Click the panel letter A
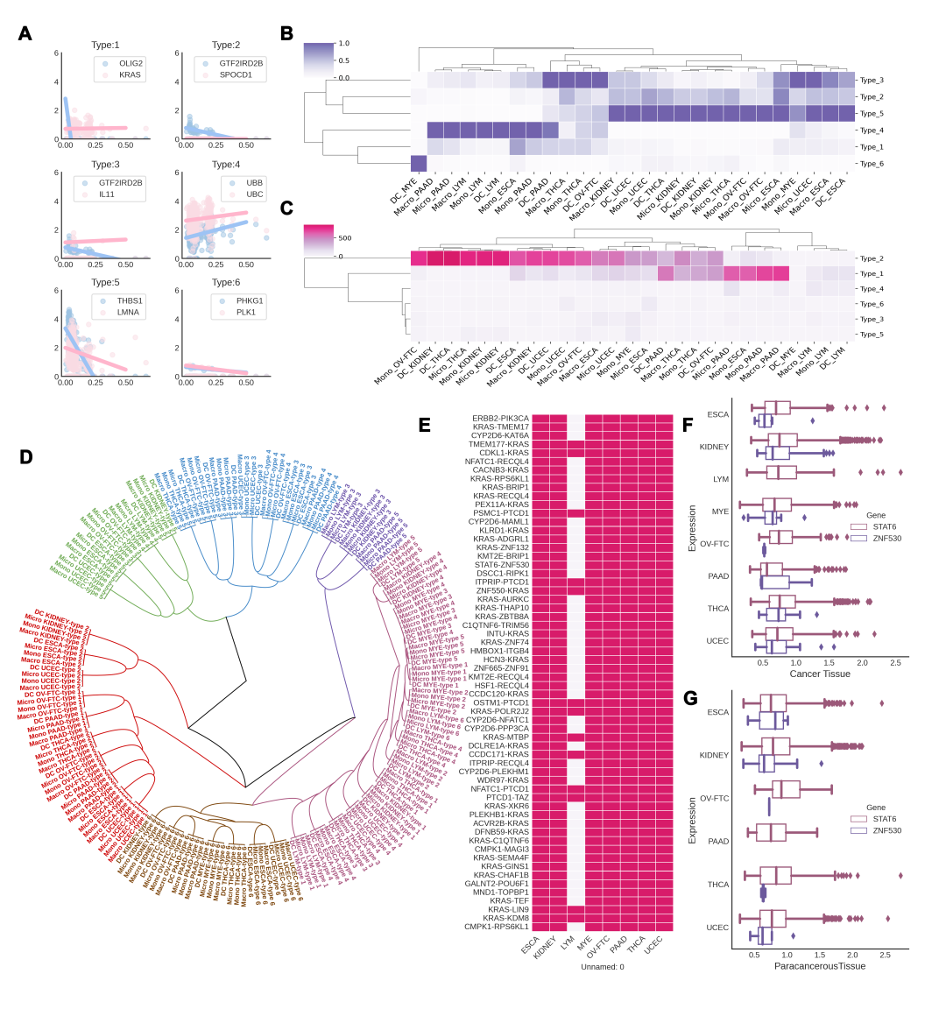[x=25, y=33]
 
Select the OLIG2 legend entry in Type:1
[x=131, y=64]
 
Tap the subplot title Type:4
[x=225, y=165]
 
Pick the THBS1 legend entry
[x=129, y=300]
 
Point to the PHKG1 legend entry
[x=249, y=300]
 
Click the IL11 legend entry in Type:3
[x=107, y=194]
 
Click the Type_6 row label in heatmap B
[x=871, y=164]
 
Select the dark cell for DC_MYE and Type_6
[x=419, y=164]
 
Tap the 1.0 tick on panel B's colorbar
[x=343, y=44]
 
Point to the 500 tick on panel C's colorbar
[x=344, y=238]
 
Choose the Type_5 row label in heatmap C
[x=871, y=335]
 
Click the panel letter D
[x=25, y=456]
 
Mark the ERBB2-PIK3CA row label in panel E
[x=500, y=419]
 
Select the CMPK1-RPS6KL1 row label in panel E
[x=497, y=927]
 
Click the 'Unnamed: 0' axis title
[x=602, y=967]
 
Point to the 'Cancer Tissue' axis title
[x=820, y=674]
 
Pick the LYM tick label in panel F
[x=721, y=479]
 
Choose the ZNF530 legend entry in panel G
[x=886, y=830]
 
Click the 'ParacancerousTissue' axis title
[x=820, y=966]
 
